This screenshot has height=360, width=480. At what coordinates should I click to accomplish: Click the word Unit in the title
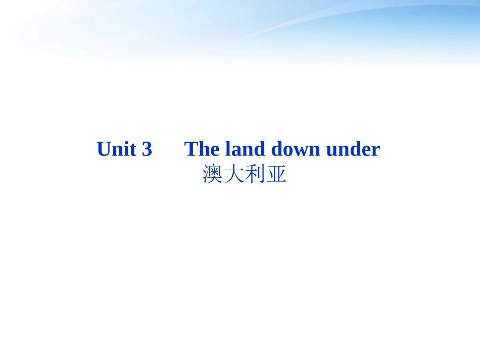(x=117, y=149)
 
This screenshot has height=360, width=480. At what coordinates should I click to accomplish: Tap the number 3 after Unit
(x=147, y=149)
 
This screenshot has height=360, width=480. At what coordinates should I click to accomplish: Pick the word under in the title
(x=353, y=149)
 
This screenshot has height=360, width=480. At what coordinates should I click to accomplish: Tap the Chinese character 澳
(x=213, y=175)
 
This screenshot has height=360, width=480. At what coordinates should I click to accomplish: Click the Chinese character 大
(x=234, y=175)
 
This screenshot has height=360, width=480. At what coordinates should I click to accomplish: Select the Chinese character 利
(x=255, y=175)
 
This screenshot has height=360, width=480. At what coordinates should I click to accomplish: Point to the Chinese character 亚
(x=276, y=175)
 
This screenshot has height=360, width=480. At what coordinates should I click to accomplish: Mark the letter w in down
(x=301, y=150)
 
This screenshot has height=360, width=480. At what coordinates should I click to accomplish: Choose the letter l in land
(x=228, y=149)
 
